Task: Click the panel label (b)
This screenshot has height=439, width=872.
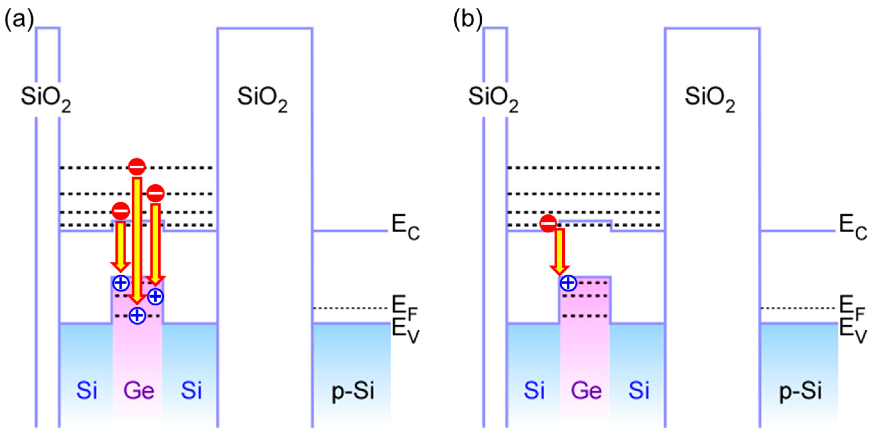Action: (468, 19)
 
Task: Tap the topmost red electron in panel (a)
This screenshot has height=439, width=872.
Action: (137, 167)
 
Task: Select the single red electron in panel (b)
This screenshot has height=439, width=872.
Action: (548, 224)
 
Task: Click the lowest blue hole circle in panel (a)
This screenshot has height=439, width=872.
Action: (137, 316)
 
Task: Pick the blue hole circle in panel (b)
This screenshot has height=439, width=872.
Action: (568, 283)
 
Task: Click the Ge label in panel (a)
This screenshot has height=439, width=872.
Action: (139, 391)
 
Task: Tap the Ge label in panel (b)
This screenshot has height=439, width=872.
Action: (586, 391)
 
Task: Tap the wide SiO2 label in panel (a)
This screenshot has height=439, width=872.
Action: (262, 99)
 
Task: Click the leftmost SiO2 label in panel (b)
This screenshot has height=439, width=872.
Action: (493, 99)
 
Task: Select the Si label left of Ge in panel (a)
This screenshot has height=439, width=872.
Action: (87, 391)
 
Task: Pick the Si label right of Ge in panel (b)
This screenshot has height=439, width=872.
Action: (639, 391)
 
